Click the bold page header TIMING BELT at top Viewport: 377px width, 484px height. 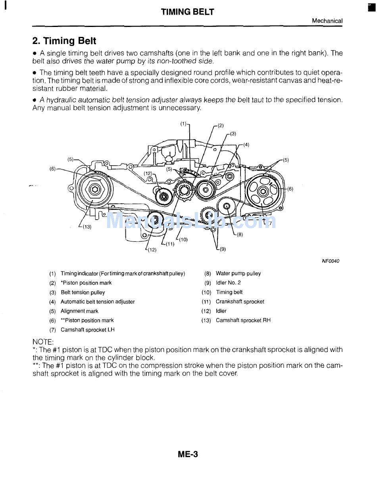(187, 12)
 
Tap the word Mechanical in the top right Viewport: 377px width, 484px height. (327, 21)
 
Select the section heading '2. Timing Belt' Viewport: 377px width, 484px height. (64, 41)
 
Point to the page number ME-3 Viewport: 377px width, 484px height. (188, 454)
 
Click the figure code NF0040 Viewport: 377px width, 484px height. (331, 261)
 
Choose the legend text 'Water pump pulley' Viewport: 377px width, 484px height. (238, 274)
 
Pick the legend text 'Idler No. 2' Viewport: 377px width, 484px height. (228, 283)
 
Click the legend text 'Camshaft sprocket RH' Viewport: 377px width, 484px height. (243, 320)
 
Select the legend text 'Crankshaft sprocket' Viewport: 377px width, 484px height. (240, 302)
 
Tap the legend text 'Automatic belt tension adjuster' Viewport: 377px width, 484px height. (98, 302)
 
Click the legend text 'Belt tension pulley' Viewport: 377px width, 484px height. (83, 293)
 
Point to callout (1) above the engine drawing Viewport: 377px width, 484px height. (183, 124)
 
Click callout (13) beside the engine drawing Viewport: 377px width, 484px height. (87, 227)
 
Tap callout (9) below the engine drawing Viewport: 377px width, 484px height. (222, 249)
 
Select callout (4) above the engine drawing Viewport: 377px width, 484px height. (246, 145)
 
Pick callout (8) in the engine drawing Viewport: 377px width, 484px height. (239, 234)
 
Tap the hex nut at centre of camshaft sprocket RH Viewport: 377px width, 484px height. (94, 189)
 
